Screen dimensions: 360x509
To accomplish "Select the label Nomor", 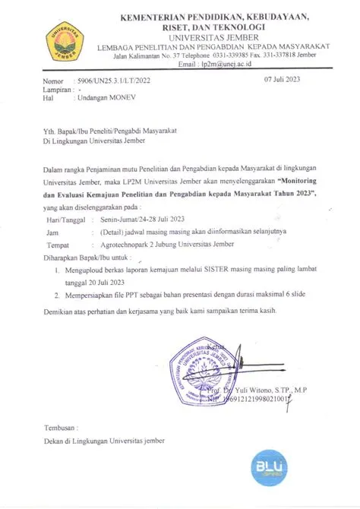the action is [x=55, y=81].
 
